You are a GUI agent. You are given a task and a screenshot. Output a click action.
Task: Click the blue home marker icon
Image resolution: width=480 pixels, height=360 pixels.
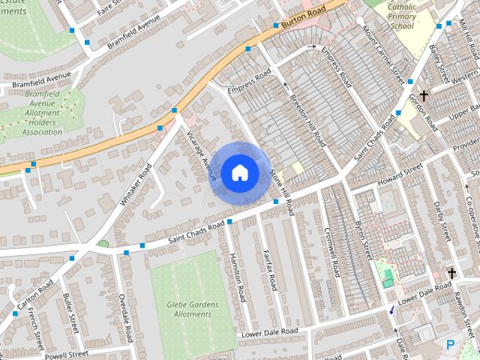tap(239, 172)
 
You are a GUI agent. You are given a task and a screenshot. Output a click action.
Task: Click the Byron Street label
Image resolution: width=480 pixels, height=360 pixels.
tap(363, 239)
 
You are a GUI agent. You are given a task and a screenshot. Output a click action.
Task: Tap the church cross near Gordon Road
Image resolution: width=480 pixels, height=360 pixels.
tap(424, 96)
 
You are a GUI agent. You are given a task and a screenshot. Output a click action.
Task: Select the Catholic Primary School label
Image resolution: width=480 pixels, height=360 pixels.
tap(411, 16)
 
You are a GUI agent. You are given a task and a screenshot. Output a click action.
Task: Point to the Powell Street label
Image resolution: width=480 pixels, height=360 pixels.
tap(66, 354)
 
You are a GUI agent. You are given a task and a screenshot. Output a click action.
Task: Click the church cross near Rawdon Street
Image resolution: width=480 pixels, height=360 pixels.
tap(451, 273)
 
